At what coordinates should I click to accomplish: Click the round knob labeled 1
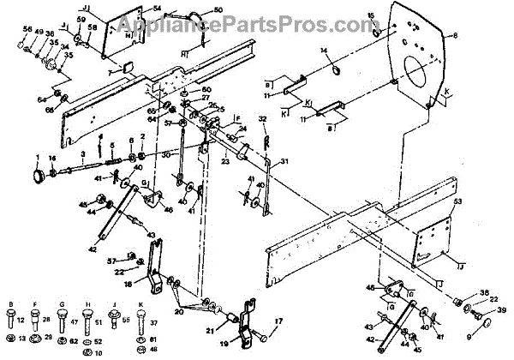[39, 174]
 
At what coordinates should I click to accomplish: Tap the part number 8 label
[456, 35]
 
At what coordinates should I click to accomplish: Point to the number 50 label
[218, 9]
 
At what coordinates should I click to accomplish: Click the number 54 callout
[157, 8]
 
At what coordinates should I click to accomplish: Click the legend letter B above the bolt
[11, 304]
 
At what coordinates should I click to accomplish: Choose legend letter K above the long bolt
[140, 304]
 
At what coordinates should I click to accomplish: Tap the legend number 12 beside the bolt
[23, 319]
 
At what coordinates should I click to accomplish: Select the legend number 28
[47, 319]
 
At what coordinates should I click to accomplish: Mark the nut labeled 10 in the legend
[97, 352]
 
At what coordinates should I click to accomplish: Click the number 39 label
[502, 309]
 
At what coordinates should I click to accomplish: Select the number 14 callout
[324, 52]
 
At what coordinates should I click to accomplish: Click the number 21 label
[210, 330]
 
